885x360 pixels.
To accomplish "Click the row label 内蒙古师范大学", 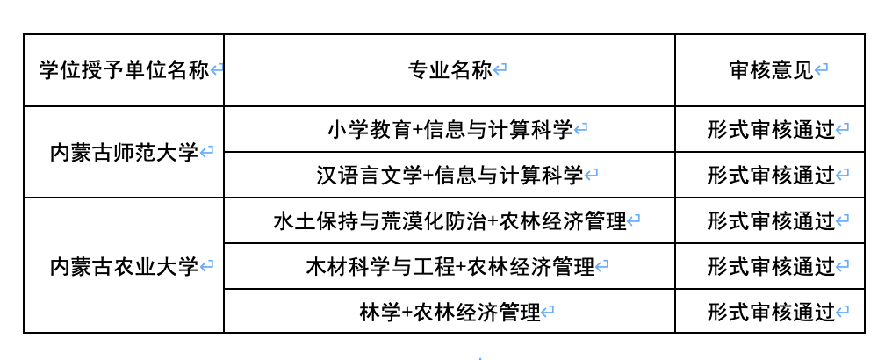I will pyautogui.click(x=124, y=152).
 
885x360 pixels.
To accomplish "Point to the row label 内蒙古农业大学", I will pyautogui.click(x=124, y=265).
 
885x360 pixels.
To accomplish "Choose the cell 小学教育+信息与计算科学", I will pyautogui.click(x=450, y=130).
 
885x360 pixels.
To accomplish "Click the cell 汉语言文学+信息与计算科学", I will pyautogui.click(x=450, y=176).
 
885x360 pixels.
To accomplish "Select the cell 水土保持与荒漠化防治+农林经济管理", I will pyautogui.click(x=450, y=221).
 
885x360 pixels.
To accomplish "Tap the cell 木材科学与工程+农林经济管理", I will pyautogui.click(x=450, y=266).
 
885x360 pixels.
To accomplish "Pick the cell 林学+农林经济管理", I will pyautogui.click(x=450, y=312).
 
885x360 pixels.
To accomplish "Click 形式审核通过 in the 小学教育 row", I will pyautogui.click(x=770, y=130).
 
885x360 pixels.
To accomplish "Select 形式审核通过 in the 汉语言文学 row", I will pyautogui.click(x=770, y=176).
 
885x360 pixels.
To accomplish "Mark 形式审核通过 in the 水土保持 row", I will pyautogui.click(x=770, y=221).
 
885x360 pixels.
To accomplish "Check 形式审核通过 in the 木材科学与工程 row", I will pyautogui.click(x=770, y=266).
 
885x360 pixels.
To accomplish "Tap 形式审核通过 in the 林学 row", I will pyautogui.click(x=770, y=312).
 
